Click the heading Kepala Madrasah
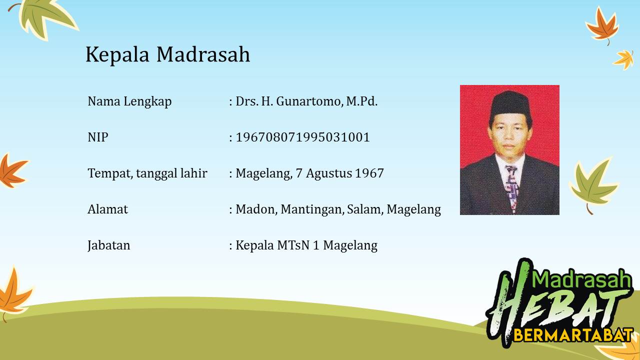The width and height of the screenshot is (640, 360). [167, 54]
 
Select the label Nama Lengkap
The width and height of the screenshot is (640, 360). [129, 101]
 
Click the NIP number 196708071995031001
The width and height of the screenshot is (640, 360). [302, 137]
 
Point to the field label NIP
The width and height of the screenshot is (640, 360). [97, 137]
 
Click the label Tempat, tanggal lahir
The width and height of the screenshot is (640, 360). [147, 173]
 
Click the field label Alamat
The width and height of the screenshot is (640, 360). [107, 209]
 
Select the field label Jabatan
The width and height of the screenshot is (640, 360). [109, 245]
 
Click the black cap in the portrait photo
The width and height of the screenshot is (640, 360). [510, 105]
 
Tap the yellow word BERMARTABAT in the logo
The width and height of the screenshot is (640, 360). [573, 335]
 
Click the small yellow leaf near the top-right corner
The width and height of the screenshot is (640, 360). [623, 59]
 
